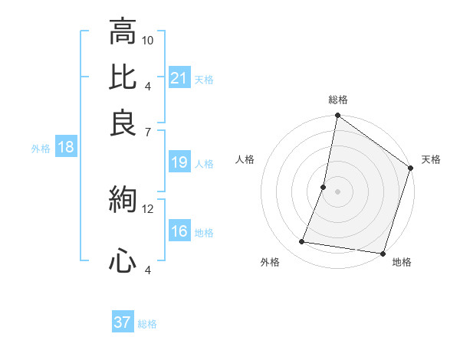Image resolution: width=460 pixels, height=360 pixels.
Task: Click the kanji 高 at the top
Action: coord(123,32)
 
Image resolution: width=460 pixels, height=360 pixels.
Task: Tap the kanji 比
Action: coord(123,77)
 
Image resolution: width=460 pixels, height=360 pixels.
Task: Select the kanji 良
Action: coord(123,123)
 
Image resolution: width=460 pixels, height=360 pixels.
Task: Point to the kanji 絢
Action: coord(123,200)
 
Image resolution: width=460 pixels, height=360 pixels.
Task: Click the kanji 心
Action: coord(123,261)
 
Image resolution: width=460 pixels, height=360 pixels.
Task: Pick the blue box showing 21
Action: coord(179,78)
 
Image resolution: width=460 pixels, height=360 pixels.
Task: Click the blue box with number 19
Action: coord(179,162)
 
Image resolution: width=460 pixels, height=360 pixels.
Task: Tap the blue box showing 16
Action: coord(179,231)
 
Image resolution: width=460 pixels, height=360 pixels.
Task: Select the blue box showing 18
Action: coord(65,148)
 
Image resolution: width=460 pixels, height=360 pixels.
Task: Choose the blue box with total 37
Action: coord(123,322)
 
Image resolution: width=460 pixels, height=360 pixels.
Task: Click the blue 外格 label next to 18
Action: coord(41,149)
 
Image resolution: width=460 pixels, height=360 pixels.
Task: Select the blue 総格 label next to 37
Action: coord(147,323)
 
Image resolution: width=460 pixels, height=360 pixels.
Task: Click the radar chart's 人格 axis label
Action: coord(245,159)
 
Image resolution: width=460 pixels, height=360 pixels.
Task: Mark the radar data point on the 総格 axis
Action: coord(337,116)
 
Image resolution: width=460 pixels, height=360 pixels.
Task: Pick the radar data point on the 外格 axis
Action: coord(302,242)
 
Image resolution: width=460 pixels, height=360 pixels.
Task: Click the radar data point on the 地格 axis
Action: coord(383,253)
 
